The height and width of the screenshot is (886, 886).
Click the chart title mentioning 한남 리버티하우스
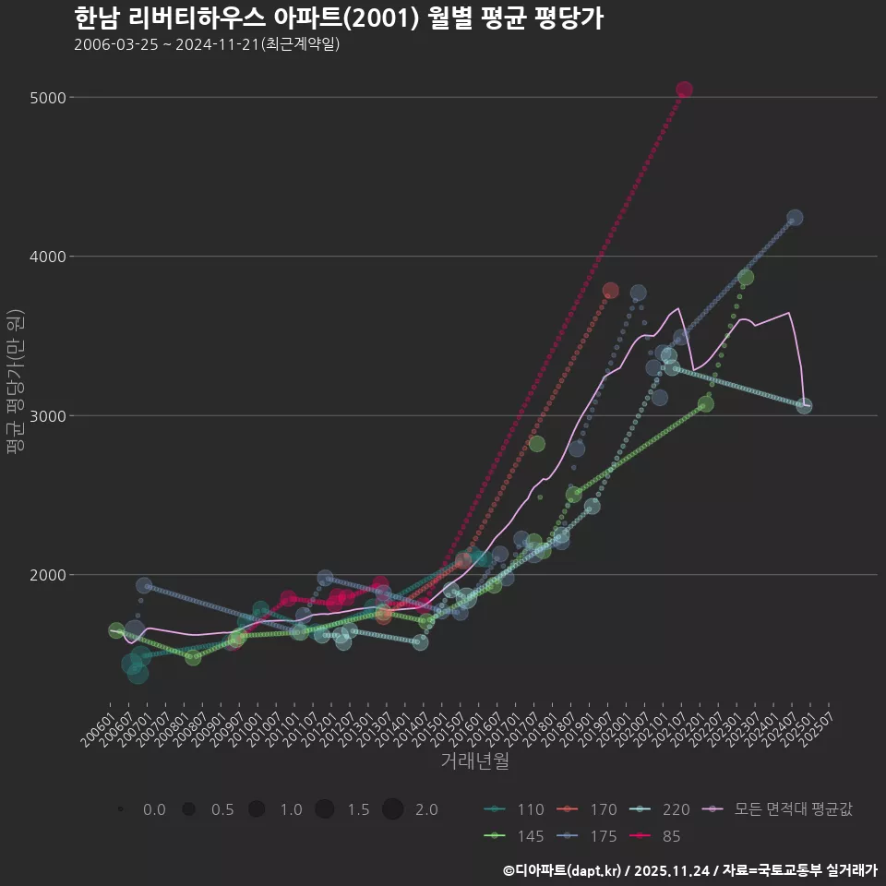point(338,18)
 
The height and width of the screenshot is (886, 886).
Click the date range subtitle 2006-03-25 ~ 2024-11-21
point(207,44)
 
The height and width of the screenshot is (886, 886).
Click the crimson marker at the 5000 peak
point(684,90)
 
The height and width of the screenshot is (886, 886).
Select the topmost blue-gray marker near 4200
point(795,218)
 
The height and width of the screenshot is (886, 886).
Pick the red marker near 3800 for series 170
point(610,291)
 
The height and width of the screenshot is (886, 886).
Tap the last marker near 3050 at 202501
point(804,405)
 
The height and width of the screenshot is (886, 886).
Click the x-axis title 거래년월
point(474,761)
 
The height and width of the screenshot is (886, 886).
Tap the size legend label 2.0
point(425,809)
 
